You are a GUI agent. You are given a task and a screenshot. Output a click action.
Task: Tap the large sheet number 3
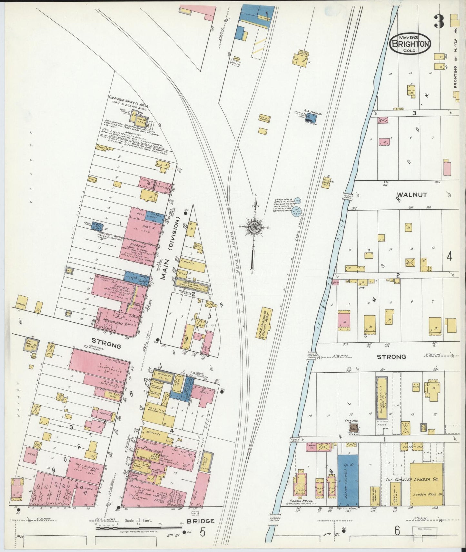coord(439,22)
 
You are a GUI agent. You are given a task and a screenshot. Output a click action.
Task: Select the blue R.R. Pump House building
coord(312,118)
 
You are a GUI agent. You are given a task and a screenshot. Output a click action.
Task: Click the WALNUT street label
coord(411,195)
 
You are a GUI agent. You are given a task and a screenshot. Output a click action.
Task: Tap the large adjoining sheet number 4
coord(449,257)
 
